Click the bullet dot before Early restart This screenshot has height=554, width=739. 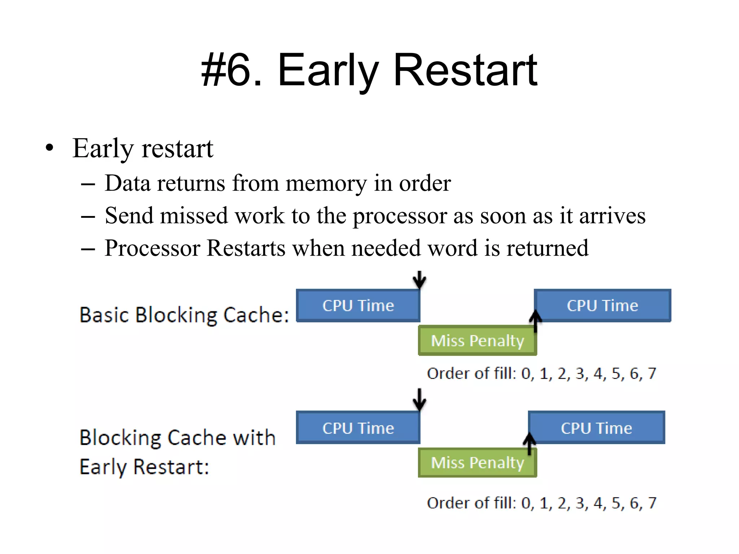click(49, 148)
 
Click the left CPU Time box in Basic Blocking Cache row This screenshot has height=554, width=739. click(358, 305)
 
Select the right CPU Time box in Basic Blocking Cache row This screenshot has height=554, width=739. click(603, 305)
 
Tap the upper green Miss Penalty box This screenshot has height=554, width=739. click(477, 340)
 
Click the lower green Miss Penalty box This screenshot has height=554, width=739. click(477, 463)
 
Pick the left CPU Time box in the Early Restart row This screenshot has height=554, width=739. click(358, 428)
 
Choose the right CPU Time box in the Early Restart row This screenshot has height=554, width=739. click(596, 428)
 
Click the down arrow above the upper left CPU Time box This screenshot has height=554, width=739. click(419, 280)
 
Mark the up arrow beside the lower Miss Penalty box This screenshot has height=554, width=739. click(529, 444)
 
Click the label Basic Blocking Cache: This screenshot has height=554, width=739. click(184, 315)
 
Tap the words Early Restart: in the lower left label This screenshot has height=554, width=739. click(144, 467)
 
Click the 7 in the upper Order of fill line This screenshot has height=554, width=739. click(652, 373)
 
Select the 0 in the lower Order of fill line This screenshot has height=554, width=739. click(526, 503)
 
